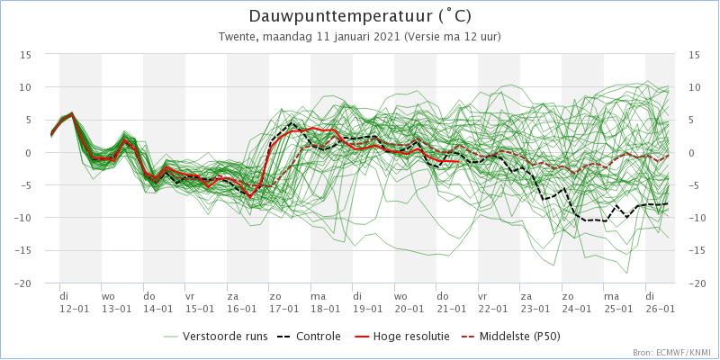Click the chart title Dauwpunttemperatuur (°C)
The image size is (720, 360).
click(360, 16)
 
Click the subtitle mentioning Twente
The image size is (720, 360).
click(359, 37)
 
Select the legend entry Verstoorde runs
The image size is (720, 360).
click(215, 337)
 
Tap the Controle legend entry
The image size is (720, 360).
click(309, 337)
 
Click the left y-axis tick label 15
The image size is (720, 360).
click(25, 55)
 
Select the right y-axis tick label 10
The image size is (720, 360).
click(695, 87)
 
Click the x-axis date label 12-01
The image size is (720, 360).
click(73, 309)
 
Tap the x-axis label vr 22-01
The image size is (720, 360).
click(491, 302)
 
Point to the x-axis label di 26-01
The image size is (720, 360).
click(659, 302)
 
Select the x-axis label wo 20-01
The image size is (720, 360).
click(408, 302)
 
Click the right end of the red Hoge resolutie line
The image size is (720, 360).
click(458, 161)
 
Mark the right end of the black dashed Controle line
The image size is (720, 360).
click(668, 203)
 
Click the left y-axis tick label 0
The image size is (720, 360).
click(28, 153)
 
